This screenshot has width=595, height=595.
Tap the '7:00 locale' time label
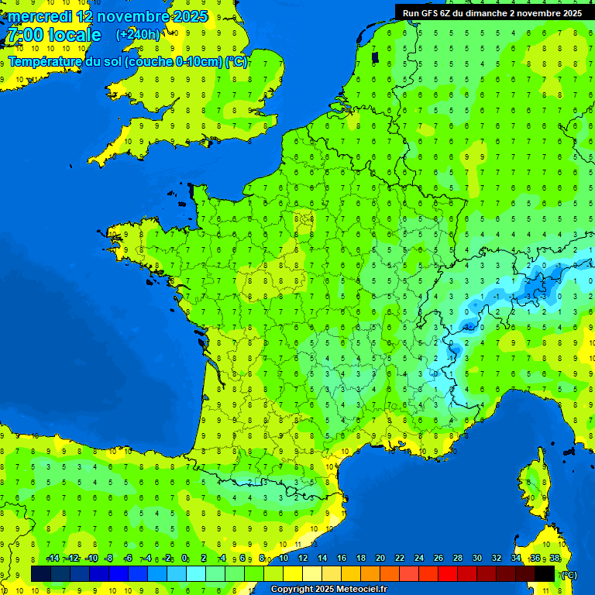click(x=53, y=35)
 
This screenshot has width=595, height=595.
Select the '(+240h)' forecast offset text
click(x=139, y=35)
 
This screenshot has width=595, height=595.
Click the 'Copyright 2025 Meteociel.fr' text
click(x=328, y=590)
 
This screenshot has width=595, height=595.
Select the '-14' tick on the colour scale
click(x=53, y=558)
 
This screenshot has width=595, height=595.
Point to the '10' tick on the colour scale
click(x=284, y=558)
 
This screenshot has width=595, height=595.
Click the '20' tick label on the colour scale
click(x=380, y=558)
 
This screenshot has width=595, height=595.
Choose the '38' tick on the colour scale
click(x=555, y=558)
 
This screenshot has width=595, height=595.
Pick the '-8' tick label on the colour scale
click(x=109, y=558)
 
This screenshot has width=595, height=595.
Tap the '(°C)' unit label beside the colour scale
click(x=569, y=574)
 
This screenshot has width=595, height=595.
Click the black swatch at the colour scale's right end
click(x=545, y=573)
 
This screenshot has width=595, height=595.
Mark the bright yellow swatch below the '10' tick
click(x=293, y=573)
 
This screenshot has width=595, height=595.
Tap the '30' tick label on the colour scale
click(x=476, y=558)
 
